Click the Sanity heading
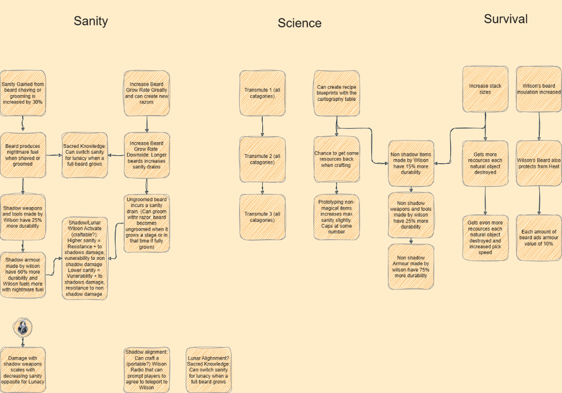91,21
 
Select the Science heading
299,23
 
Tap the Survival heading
506,19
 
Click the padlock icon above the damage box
22,328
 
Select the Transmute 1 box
262,93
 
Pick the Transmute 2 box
262,159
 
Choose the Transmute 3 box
262,217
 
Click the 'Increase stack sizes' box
485,89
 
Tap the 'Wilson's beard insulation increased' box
538,89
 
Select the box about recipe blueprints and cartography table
337,93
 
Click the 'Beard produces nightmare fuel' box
23,155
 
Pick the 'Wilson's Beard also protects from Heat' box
538,163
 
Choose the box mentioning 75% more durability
411,267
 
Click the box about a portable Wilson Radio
146,369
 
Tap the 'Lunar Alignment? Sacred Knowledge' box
208,369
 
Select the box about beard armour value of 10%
538,238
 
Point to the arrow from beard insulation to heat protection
538,126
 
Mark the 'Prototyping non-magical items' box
337,217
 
